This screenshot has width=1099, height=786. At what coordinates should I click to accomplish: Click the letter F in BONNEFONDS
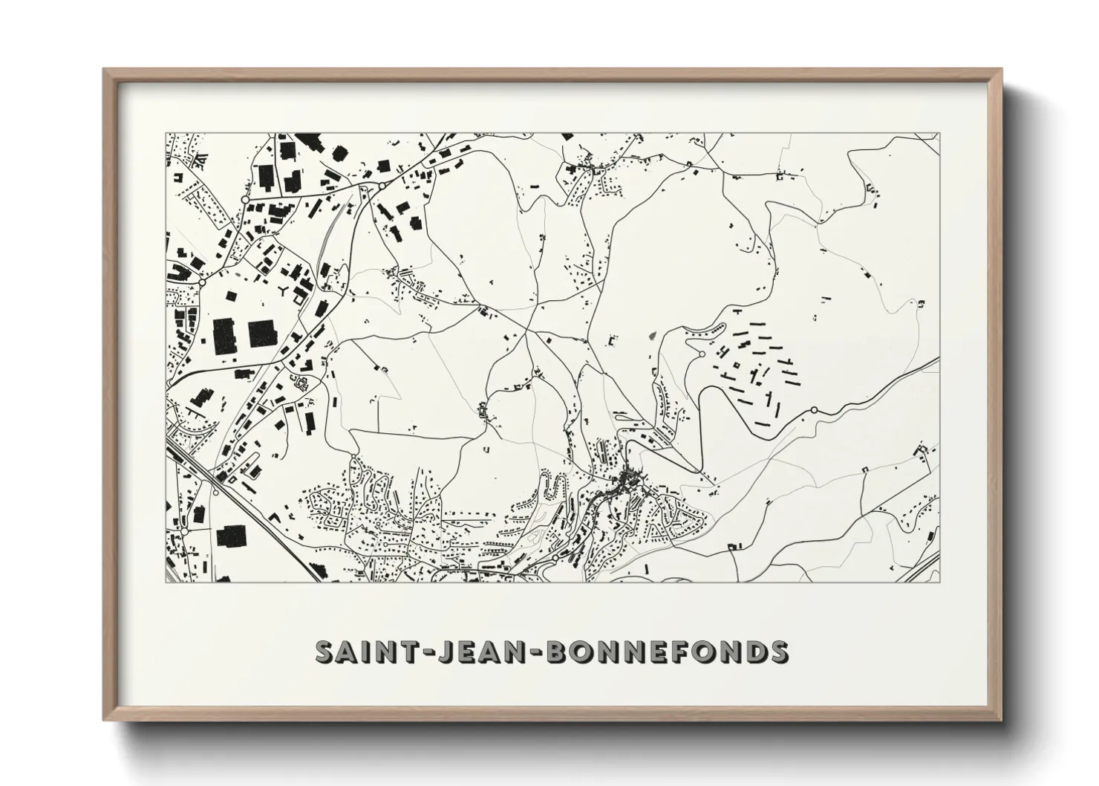(x=687, y=652)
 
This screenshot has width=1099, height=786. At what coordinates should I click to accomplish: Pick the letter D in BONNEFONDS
(x=756, y=652)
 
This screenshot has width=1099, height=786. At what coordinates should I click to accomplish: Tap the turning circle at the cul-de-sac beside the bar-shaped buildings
(x=702, y=354)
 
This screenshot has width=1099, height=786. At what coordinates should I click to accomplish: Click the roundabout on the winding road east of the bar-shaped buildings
(x=814, y=409)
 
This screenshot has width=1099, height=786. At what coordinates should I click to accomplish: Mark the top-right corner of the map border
(x=939, y=134)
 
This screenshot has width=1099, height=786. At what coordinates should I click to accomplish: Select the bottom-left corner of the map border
(x=166, y=581)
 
